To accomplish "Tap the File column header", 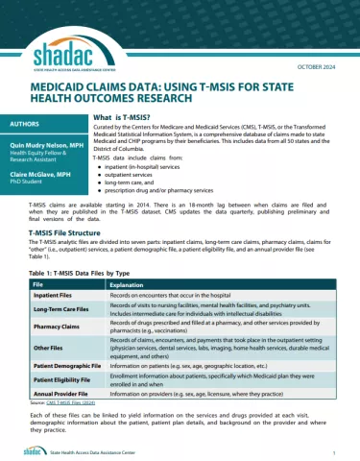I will pyautogui.click(x=38, y=285).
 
